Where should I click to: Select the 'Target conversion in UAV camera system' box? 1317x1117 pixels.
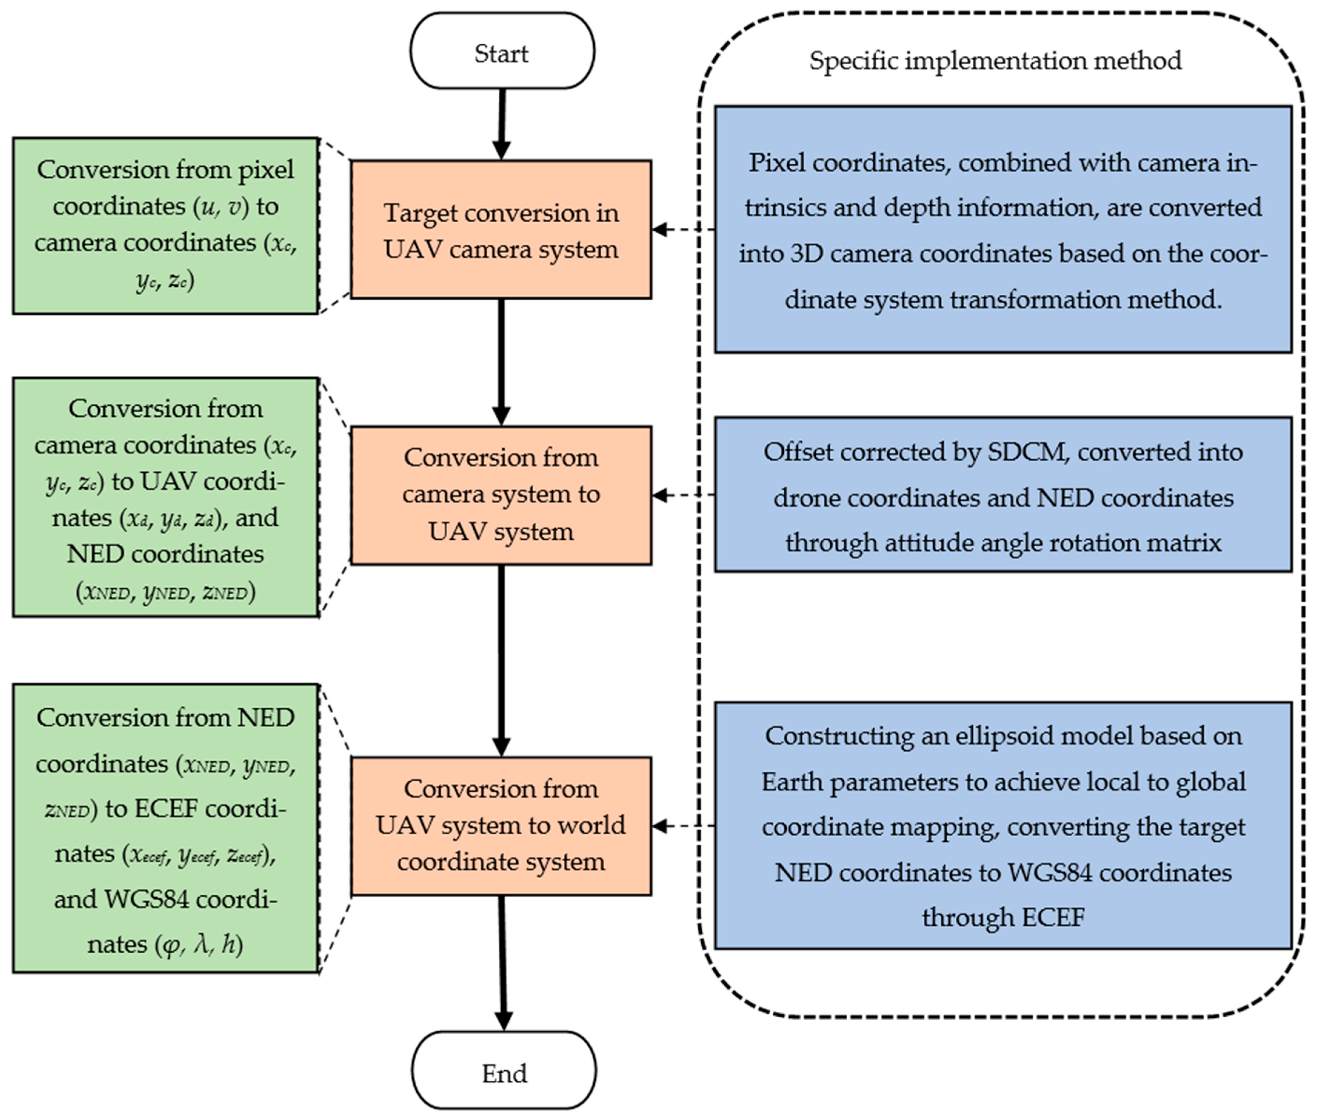click(x=501, y=229)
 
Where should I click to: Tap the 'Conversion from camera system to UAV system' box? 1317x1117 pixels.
click(x=501, y=495)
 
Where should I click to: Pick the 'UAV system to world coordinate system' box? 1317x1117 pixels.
click(x=501, y=825)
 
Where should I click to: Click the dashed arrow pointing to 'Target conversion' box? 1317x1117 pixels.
click(x=683, y=229)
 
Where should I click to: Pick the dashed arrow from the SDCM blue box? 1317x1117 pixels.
click(x=683, y=495)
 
